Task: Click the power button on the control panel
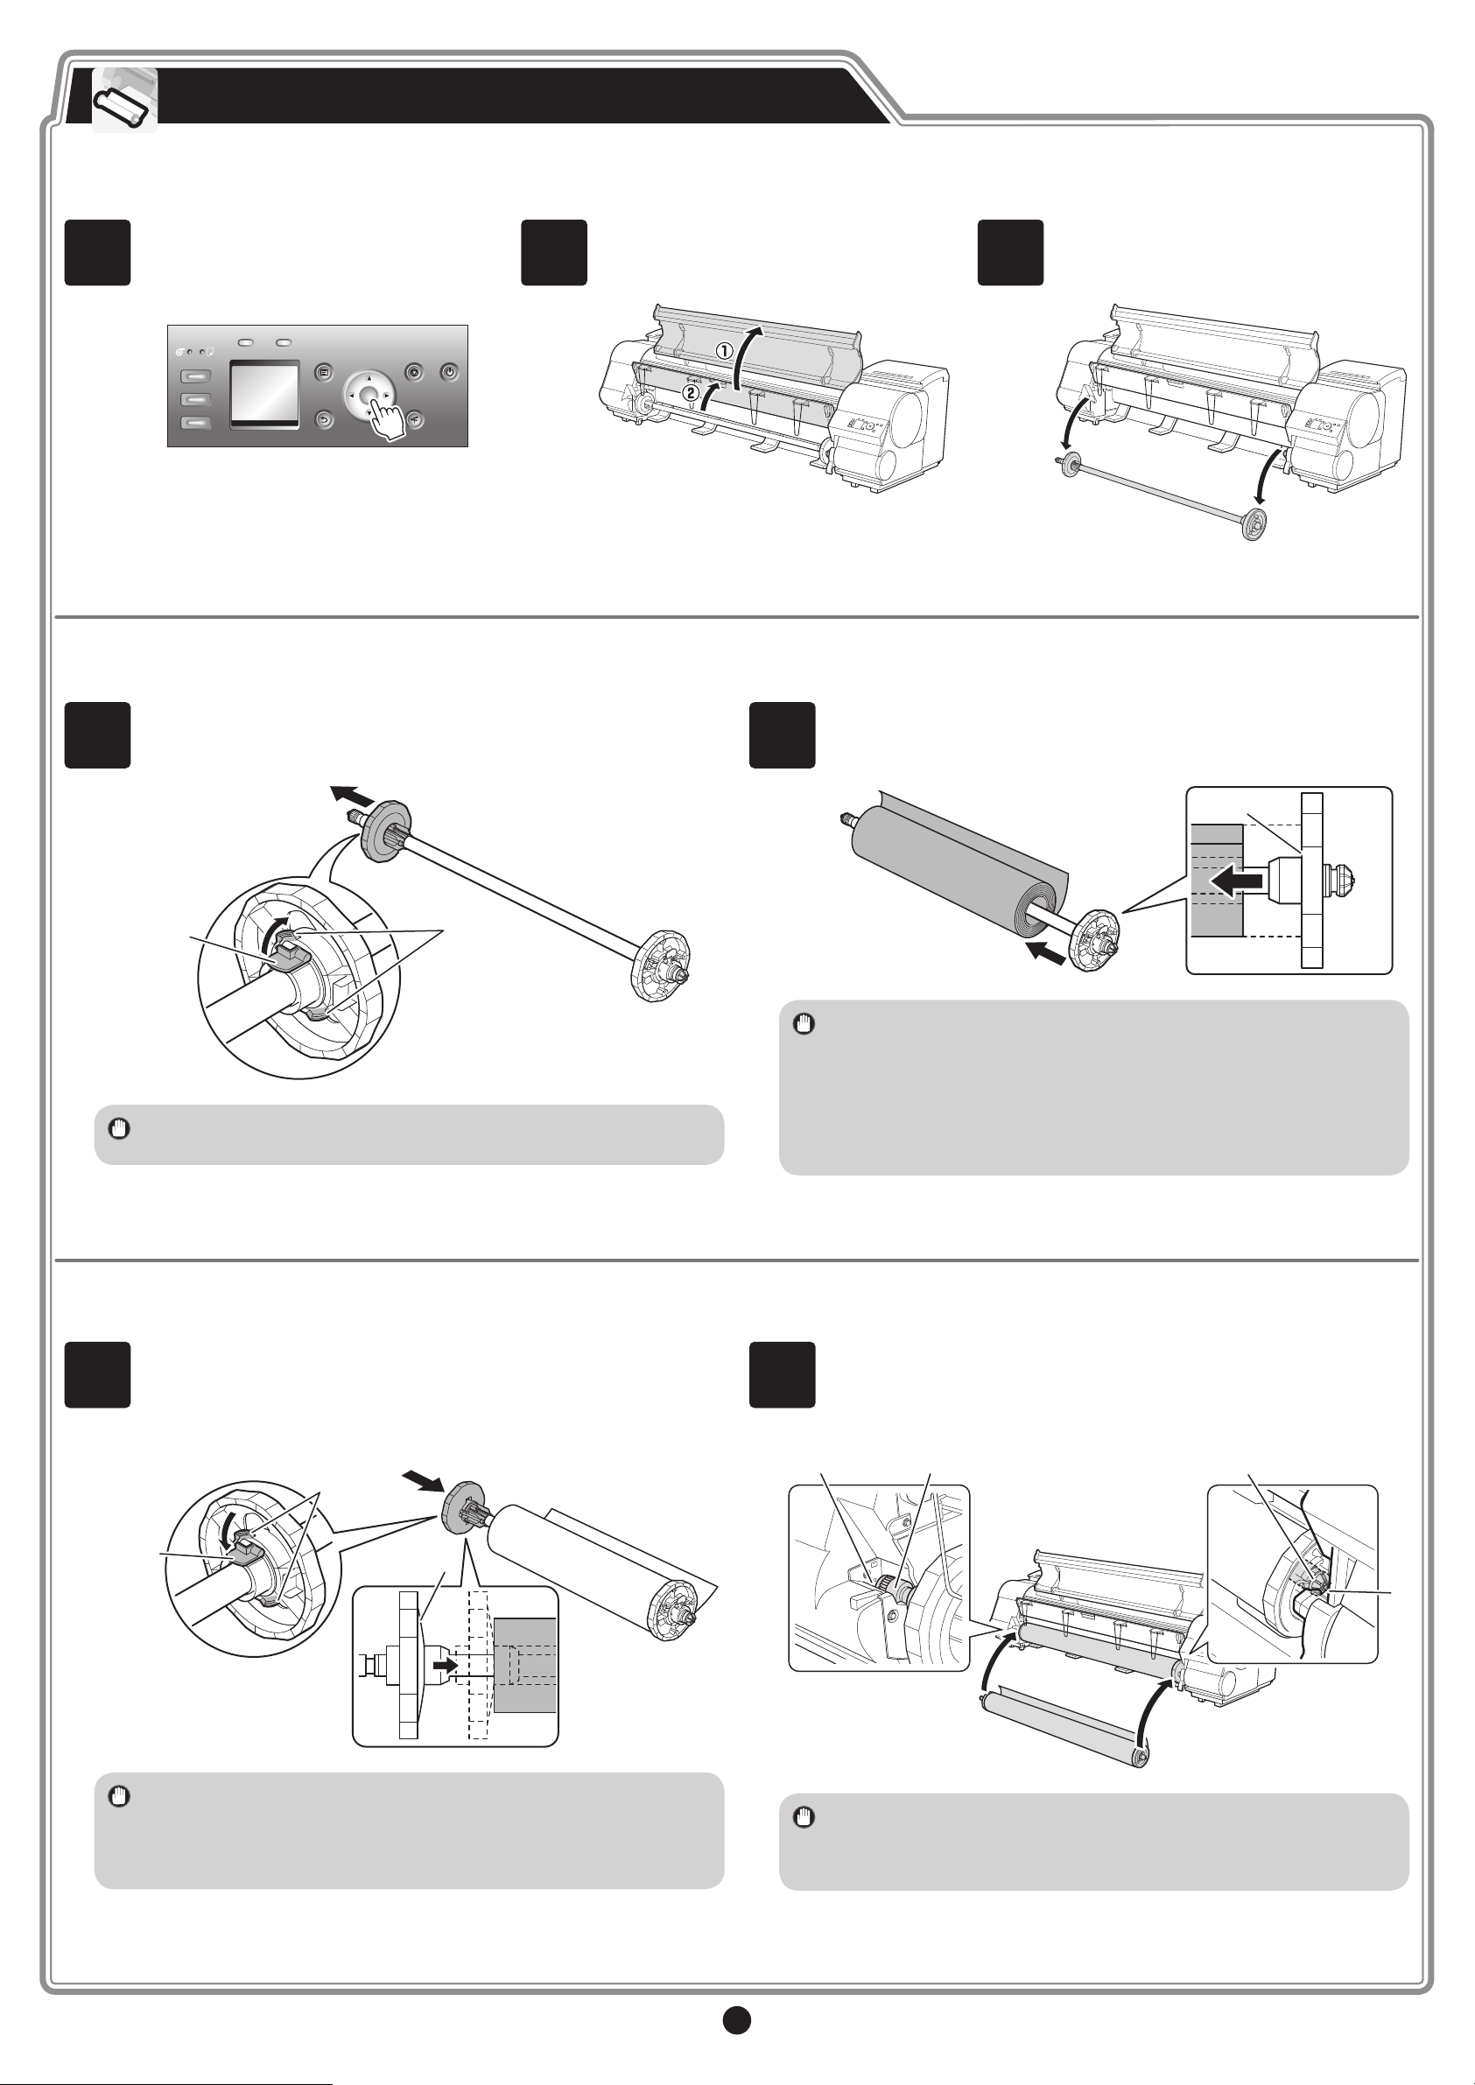pos(450,372)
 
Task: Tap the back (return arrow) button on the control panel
pos(324,419)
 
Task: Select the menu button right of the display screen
pos(324,372)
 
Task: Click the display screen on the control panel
pos(264,393)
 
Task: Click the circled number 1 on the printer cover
pos(725,350)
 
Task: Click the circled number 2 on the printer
pos(692,392)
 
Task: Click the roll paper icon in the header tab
pos(124,101)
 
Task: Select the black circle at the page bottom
pos(736,2020)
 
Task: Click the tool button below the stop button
pos(414,419)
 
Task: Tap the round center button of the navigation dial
pos(369,395)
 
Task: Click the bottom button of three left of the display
pos(196,421)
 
